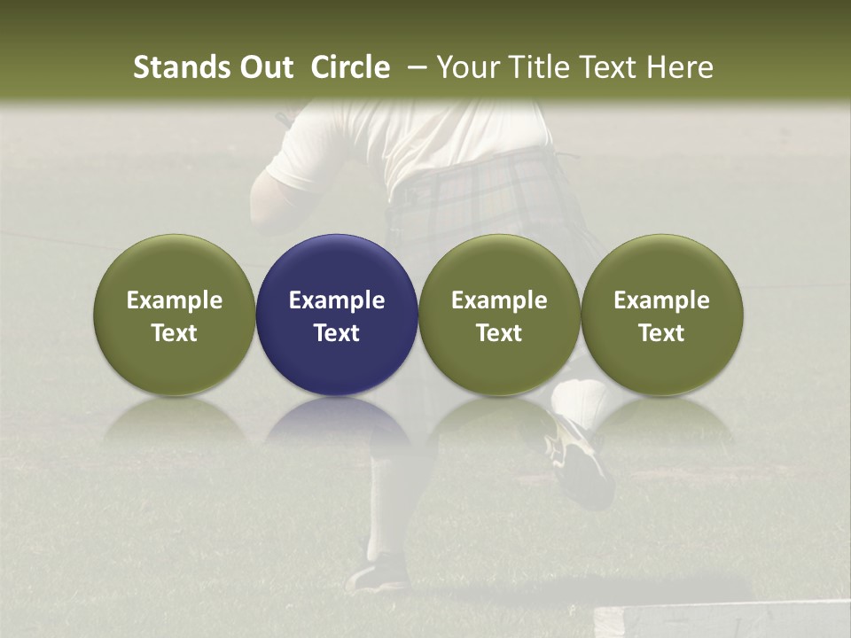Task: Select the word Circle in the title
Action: click(x=350, y=67)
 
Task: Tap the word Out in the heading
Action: click(x=265, y=67)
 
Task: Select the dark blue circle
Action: click(x=336, y=315)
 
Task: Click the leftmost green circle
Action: click(x=174, y=315)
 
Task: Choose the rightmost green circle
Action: click(x=661, y=315)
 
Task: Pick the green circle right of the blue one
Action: click(x=499, y=315)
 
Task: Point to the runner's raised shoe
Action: click(x=581, y=461)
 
